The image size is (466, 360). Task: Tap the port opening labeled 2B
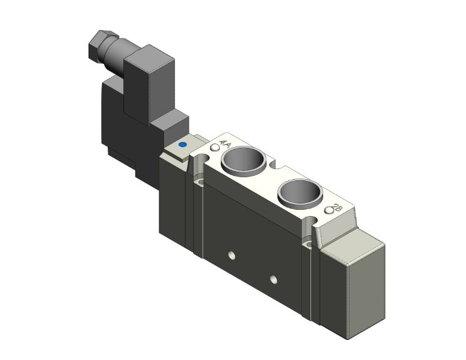point(300,193)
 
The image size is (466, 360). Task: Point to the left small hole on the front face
point(232,255)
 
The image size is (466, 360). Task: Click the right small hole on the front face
point(273,278)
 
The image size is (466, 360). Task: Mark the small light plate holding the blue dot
point(182,150)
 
